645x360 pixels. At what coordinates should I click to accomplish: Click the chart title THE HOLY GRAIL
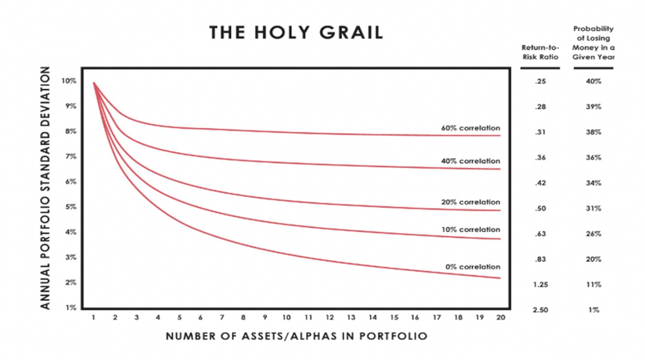tap(296, 33)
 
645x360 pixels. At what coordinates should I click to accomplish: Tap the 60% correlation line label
tap(471, 128)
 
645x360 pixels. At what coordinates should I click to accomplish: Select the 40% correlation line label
tap(471, 161)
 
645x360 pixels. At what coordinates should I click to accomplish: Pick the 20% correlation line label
tap(471, 202)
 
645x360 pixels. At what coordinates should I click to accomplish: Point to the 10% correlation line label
tap(471, 229)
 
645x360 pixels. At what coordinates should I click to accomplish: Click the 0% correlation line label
tap(473, 266)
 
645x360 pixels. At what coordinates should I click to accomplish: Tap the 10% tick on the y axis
tap(69, 81)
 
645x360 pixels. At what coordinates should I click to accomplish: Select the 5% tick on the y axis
tap(70, 207)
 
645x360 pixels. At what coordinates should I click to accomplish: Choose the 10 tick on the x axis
tap(286, 318)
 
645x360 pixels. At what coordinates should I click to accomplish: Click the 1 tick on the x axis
tap(93, 318)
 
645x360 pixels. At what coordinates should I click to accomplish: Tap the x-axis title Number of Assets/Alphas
tap(296, 337)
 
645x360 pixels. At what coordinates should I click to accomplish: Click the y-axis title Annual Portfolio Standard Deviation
tap(45, 188)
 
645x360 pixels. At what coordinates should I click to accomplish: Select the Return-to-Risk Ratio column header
tap(540, 52)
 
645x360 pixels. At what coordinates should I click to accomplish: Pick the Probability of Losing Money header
tap(594, 43)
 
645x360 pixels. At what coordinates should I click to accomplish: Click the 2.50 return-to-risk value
tap(540, 310)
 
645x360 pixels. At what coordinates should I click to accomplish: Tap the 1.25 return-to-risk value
tap(540, 285)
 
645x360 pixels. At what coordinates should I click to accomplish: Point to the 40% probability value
tap(594, 81)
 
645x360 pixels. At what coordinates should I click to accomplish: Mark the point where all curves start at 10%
tap(94, 83)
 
